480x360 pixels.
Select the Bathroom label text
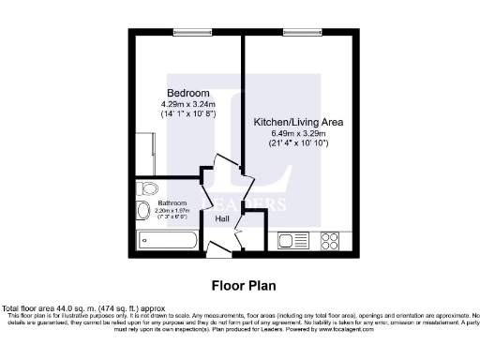(x=172, y=203)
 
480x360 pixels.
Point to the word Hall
(x=222, y=219)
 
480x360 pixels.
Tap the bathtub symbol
(x=167, y=239)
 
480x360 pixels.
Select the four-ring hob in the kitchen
(x=330, y=240)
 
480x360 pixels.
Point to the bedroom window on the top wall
(x=188, y=33)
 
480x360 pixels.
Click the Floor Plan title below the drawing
(x=240, y=284)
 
